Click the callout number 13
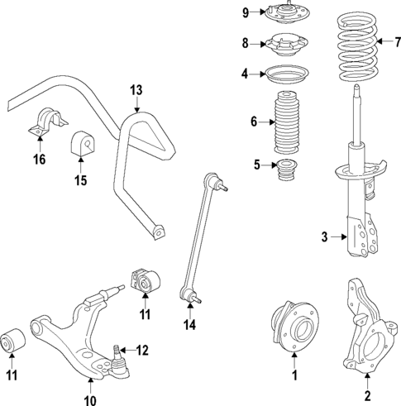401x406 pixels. [x=136, y=89]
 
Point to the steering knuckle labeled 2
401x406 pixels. [x=364, y=331]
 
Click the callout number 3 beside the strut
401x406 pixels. [x=326, y=237]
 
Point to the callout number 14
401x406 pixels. [x=189, y=326]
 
